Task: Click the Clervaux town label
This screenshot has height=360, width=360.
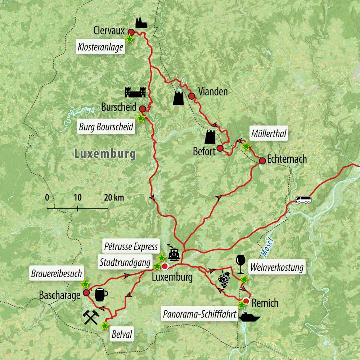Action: (108, 30)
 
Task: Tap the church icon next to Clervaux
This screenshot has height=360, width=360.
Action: (141, 23)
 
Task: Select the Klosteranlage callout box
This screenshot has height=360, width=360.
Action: (101, 46)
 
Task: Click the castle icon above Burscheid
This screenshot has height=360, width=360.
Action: (135, 92)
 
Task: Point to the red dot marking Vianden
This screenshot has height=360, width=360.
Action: (192, 96)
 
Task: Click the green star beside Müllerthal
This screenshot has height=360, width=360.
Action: (246, 147)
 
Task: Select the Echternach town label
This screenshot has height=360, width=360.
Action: (287, 159)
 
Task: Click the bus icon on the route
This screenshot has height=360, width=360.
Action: (303, 200)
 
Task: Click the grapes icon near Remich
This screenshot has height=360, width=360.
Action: (224, 279)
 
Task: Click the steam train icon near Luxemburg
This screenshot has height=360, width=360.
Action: (174, 254)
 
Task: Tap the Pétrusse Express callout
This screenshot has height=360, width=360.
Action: (130, 246)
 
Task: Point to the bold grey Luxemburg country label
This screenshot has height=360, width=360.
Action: (105, 154)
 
